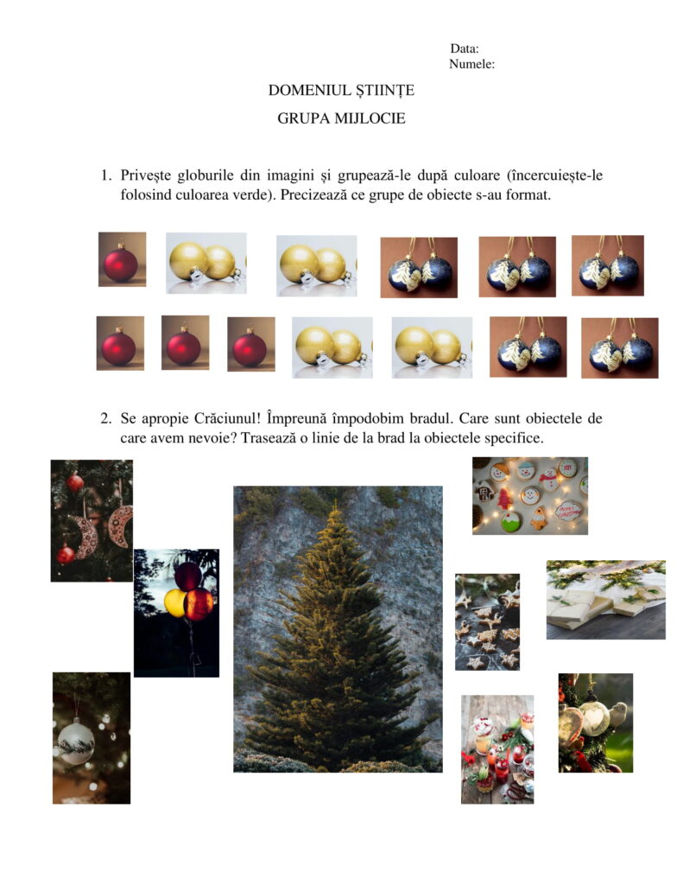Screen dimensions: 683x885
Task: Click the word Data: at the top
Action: [x=465, y=48]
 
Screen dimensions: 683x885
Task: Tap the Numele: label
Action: [x=471, y=64]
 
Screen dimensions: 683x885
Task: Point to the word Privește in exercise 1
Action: [x=146, y=176]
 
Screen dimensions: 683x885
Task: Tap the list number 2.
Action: [x=105, y=419]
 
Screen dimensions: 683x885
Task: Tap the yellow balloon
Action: [x=174, y=602]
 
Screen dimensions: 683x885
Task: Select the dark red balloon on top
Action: [x=188, y=576]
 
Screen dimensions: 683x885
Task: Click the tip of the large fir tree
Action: [x=335, y=501]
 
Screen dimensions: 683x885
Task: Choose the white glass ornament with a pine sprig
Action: [x=76, y=741]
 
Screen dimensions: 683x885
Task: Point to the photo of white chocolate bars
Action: [x=606, y=600]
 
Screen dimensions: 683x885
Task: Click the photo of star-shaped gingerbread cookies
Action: [x=487, y=622]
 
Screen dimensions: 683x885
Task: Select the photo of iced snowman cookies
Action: [x=529, y=495]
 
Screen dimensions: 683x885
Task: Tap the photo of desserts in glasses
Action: [x=496, y=749]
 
